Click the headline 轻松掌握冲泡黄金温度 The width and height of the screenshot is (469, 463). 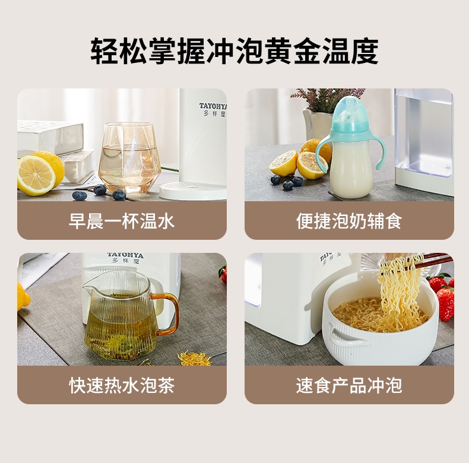[235, 51]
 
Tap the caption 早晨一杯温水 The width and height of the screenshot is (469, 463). [122, 221]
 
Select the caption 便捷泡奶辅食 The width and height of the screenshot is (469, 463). [349, 221]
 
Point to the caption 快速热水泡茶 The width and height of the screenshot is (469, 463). [122, 385]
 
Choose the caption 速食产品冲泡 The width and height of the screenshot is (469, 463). [349, 385]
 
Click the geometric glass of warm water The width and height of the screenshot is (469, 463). [130, 157]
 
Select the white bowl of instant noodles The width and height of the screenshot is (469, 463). [380, 326]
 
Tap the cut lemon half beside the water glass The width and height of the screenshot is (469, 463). [36, 176]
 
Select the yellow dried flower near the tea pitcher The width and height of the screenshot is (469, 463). [194, 359]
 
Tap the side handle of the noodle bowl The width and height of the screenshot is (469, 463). [347, 338]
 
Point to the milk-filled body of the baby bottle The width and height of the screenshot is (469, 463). [350, 169]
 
